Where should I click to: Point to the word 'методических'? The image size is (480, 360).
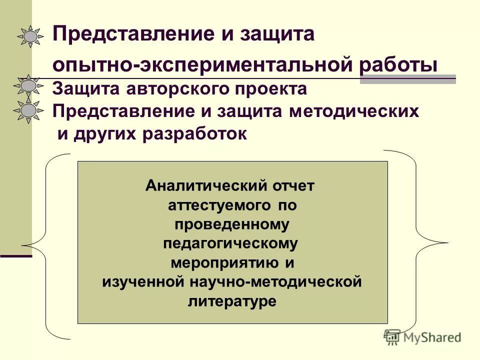pyautogui.click(x=353, y=111)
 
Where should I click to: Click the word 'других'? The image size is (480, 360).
pyautogui.click(x=106, y=134)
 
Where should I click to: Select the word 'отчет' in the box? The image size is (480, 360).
pyautogui.click(x=293, y=186)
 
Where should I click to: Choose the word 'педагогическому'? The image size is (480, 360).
pyautogui.click(x=230, y=244)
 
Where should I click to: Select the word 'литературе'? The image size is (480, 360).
pyautogui.click(x=232, y=301)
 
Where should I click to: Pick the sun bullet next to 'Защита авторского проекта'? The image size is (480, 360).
pyautogui.click(x=29, y=86)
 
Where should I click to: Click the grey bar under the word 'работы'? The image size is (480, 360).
pyautogui.click(x=408, y=79)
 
